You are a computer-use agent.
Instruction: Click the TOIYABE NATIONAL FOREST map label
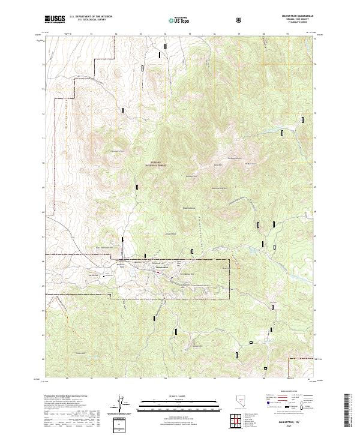coord(157,170)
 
